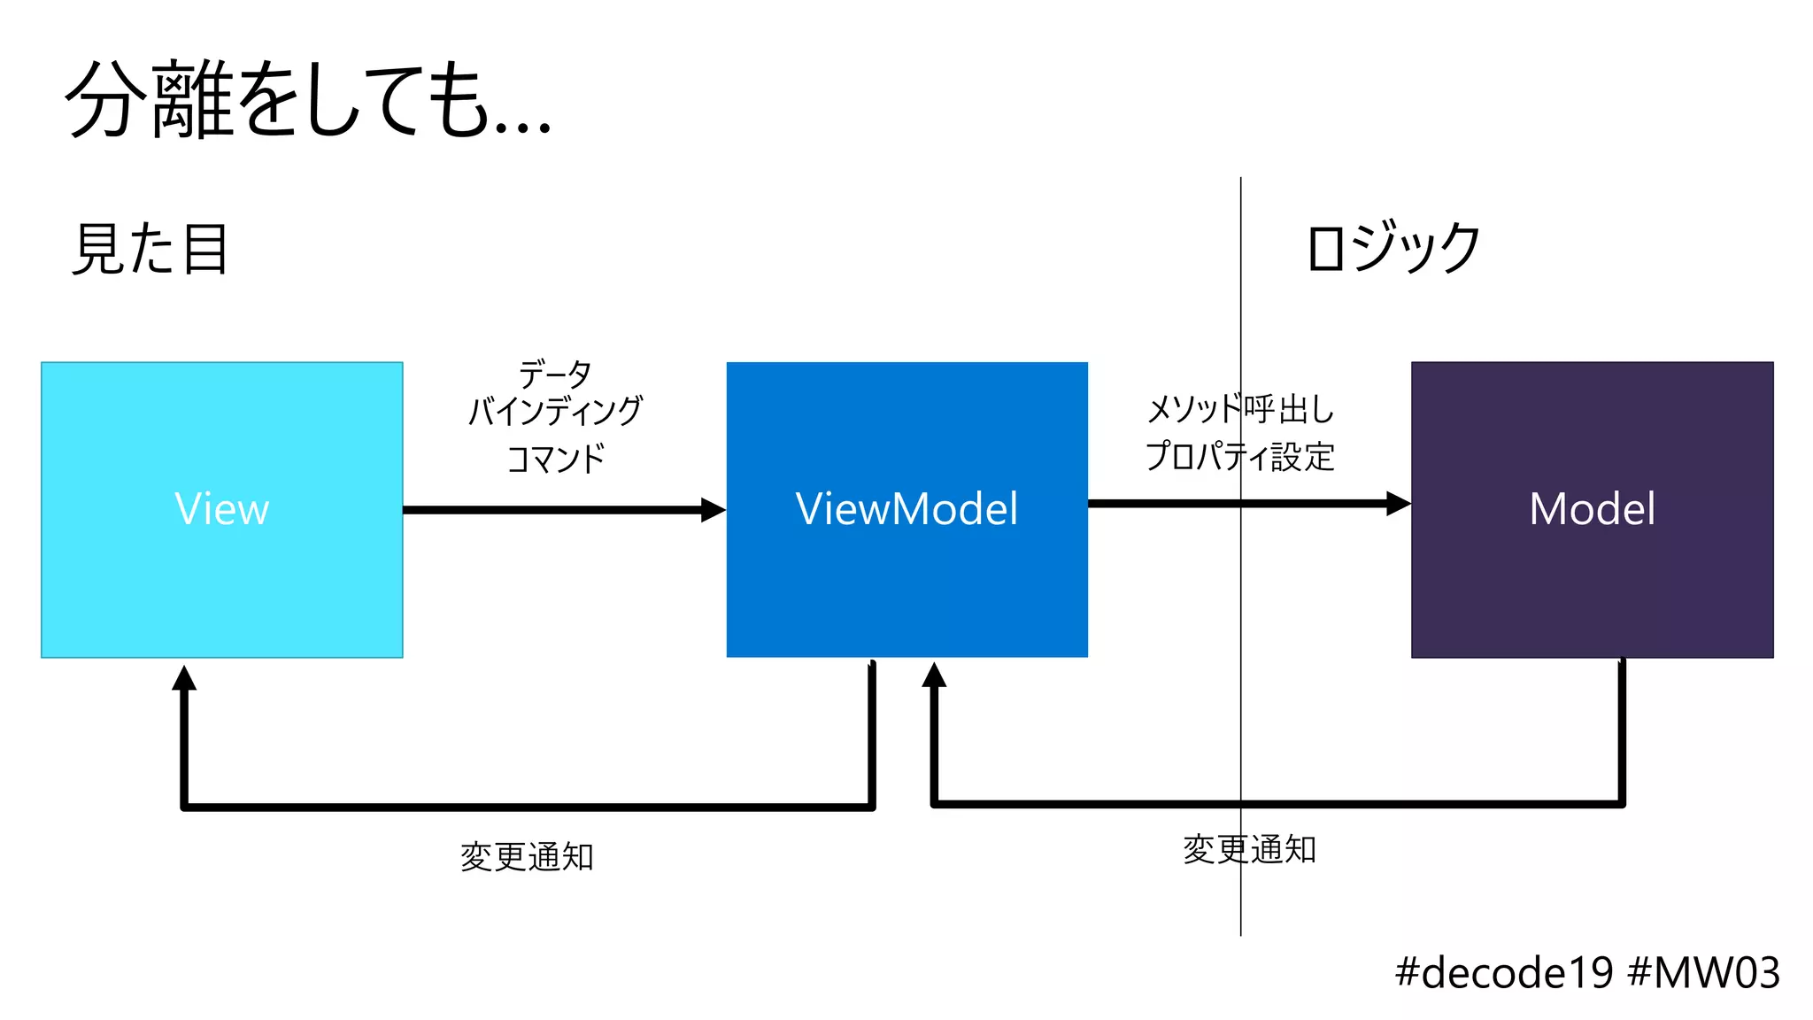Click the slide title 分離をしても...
tap(308, 100)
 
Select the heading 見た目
tap(150, 249)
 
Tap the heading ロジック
tap(1393, 247)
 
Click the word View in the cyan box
tap(221, 509)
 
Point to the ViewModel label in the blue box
tap(906, 509)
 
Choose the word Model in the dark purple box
tap(1592, 509)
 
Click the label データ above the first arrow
tap(555, 374)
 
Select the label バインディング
tap(555, 411)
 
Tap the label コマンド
tap(555, 459)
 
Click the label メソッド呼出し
tap(1239, 409)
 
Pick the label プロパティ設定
tap(1239, 456)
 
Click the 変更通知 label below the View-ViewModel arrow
tap(527, 856)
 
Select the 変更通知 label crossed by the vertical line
tap(1249, 849)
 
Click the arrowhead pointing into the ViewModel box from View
tap(714, 510)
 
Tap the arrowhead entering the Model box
tap(1399, 504)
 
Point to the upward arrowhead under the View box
tap(184, 678)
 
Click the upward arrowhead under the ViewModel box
tap(934, 676)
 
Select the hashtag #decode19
tap(1504, 973)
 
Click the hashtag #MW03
tap(1704, 973)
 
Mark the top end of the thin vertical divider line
tap(1240, 180)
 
